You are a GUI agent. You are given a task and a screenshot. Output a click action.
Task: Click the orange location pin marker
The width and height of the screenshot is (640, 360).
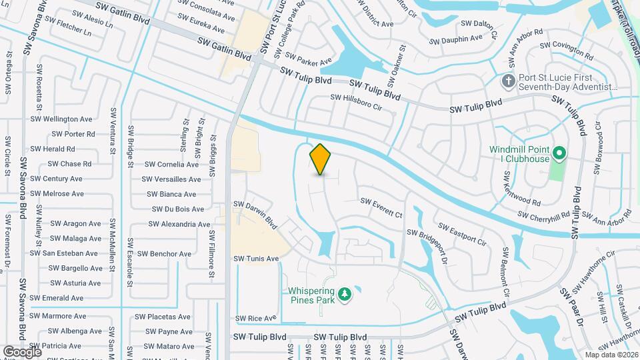321,159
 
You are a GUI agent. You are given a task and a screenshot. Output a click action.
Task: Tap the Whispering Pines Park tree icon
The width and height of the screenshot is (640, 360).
345,294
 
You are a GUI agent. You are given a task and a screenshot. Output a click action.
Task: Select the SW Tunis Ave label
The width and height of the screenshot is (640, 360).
256,258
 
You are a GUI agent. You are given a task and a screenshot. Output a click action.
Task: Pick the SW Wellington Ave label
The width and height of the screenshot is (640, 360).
61,119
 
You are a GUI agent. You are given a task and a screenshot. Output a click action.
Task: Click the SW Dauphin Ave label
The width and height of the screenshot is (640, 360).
455,39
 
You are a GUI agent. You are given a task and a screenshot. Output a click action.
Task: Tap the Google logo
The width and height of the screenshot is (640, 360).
23,351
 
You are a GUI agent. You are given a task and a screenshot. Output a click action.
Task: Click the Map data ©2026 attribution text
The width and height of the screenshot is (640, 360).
610,355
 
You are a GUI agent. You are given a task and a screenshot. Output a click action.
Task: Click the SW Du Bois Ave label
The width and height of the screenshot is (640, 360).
172,209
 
